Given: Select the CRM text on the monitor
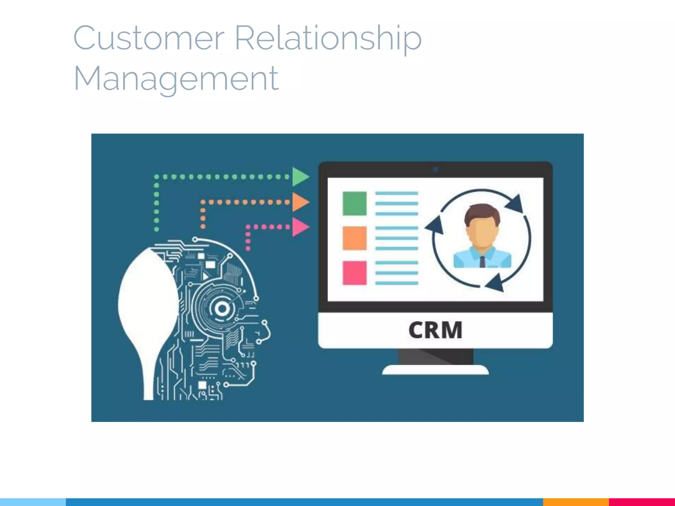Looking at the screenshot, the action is pyautogui.click(x=435, y=330).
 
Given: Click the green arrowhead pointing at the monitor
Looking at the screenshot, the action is pyautogui.click(x=300, y=177).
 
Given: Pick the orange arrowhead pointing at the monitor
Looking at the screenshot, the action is pyautogui.click(x=300, y=202).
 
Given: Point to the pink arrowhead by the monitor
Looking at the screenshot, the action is pyautogui.click(x=300, y=227).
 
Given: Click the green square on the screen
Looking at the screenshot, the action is pyautogui.click(x=354, y=204).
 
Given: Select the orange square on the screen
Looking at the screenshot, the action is pyautogui.click(x=354, y=238).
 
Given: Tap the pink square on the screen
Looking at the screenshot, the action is pyautogui.click(x=354, y=273).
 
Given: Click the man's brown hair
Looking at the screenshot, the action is pyautogui.click(x=482, y=211).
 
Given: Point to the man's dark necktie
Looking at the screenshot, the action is pyautogui.click(x=482, y=262).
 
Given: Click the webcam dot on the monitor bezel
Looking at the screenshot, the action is pyautogui.click(x=435, y=170).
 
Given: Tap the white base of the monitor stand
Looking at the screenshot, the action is pyautogui.click(x=435, y=370).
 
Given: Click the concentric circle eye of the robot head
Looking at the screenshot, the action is pyautogui.click(x=222, y=309).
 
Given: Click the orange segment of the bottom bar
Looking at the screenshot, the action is pyautogui.click(x=576, y=502).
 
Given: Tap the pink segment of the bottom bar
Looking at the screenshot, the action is pyautogui.click(x=642, y=502).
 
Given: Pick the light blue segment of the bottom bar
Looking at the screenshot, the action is pyautogui.click(x=33, y=502).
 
